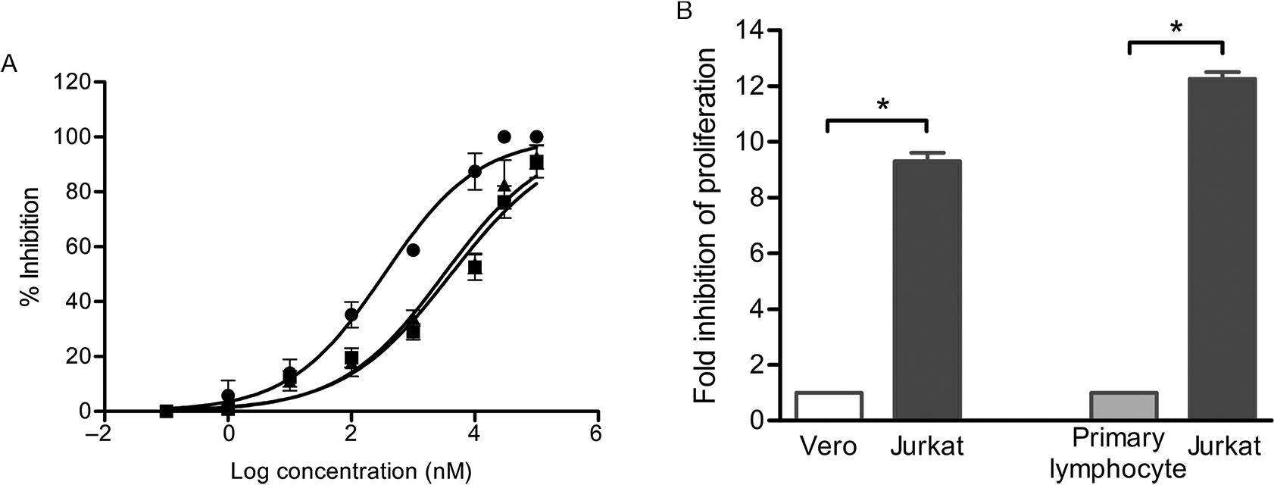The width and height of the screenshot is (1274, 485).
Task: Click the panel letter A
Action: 10,65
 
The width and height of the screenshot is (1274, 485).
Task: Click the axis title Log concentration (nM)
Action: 351,471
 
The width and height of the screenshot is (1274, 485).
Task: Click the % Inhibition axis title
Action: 30,248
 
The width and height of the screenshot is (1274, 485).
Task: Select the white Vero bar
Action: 829,406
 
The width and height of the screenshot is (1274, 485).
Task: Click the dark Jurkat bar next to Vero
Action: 927,290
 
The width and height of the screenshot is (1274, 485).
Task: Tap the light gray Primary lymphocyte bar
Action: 1123,406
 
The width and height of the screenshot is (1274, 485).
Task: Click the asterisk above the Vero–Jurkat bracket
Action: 882,105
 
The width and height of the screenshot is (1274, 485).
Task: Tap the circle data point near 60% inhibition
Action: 412,250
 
